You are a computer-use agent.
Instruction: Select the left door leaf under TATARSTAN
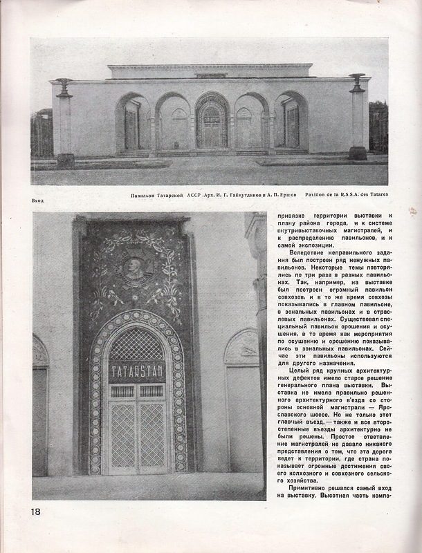point(122,434)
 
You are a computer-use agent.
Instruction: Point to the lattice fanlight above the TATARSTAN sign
point(137,343)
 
